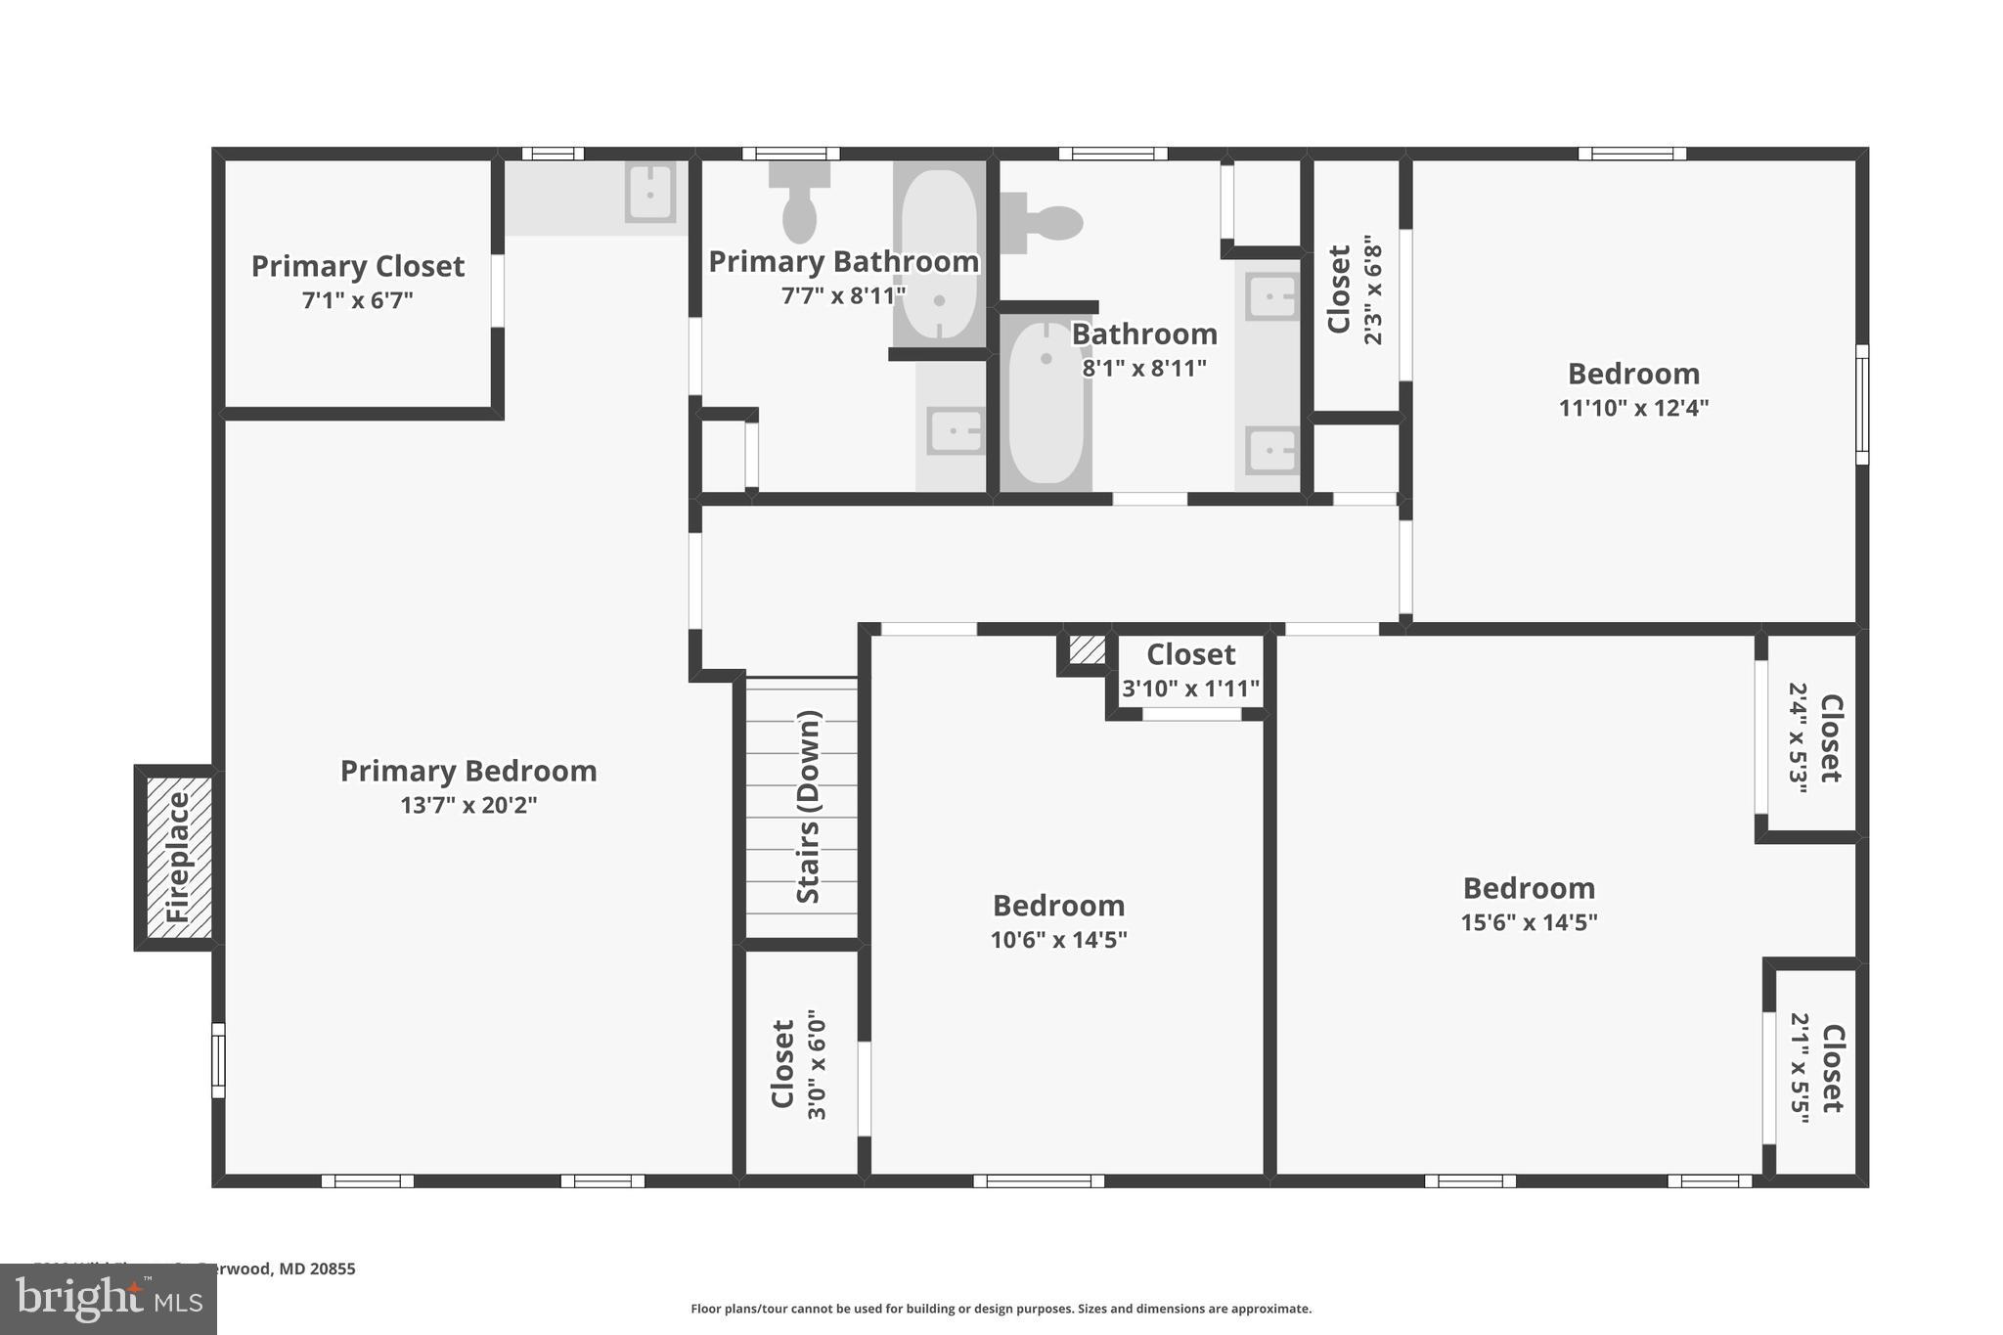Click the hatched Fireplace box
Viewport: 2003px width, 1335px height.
pyautogui.click(x=178, y=858)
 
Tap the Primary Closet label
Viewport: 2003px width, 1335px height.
pyautogui.click(x=358, y=266)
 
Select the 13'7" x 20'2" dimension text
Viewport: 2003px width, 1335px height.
pyautogui.click(x=468, y=805)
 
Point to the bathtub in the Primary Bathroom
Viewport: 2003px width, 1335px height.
pyautogui.click(x=939, y=254)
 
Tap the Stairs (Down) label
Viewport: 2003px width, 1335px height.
pyautogui.click(x=808, y=807)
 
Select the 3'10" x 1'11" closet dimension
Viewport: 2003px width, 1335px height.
pyautogui.click(x=1190, y=689)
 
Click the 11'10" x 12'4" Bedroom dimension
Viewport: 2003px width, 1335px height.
pyautogui.click(x=1632, y=408)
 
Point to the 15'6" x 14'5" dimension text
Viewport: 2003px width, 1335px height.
pyautogui.click(x=1529, y=922)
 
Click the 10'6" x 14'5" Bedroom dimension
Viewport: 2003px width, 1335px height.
pyautogui.click(x=1058, y=940)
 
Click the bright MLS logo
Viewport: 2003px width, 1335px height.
pyautogui.click(x=108, y=1300)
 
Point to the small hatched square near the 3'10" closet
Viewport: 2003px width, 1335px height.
pyautogui.click(x=1087, y=649)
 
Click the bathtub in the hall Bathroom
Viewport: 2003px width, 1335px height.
pyautogui.click(x=1046, y=405)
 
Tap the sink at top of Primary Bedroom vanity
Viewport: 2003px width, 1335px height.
pyautogui.click(x=649, y=193)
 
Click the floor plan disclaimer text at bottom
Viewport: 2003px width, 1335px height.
pyautogui.click(x=1001, y=1309)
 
